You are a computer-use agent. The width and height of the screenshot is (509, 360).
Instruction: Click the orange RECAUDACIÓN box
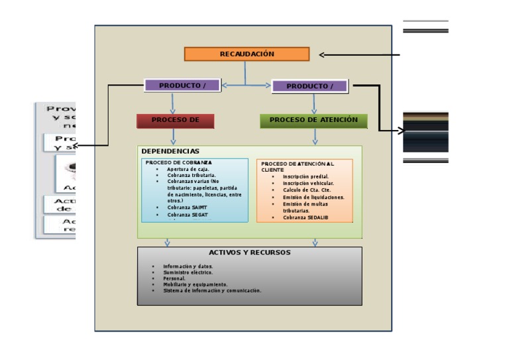247,54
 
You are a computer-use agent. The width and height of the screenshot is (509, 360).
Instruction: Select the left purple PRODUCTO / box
182,86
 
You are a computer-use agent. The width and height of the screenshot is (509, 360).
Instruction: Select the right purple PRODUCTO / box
310,86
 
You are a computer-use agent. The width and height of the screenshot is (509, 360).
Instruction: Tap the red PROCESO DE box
176,121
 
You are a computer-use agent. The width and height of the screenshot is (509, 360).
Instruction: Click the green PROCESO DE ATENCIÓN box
313,121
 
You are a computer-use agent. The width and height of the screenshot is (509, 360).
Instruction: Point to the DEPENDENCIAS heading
170,152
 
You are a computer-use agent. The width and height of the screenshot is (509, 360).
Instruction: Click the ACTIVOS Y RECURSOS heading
249,253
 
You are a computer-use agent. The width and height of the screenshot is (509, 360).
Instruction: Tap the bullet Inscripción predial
306,176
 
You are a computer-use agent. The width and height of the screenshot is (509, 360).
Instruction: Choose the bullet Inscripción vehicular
308,183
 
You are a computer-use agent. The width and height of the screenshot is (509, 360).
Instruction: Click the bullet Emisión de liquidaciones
313,197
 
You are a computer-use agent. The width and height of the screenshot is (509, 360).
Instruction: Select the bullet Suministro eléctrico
188,272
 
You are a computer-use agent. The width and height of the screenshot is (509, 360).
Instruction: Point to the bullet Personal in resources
174,278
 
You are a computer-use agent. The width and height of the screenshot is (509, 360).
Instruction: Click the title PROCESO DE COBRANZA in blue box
178,162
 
